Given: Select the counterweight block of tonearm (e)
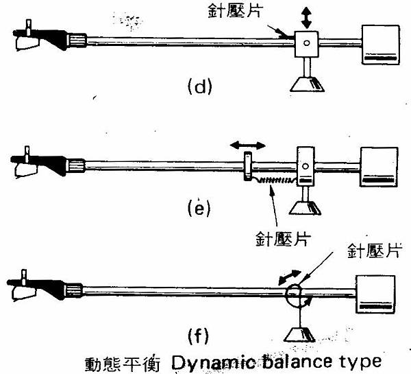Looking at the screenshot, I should (379, 167).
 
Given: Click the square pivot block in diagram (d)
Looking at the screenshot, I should (306, 45).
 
